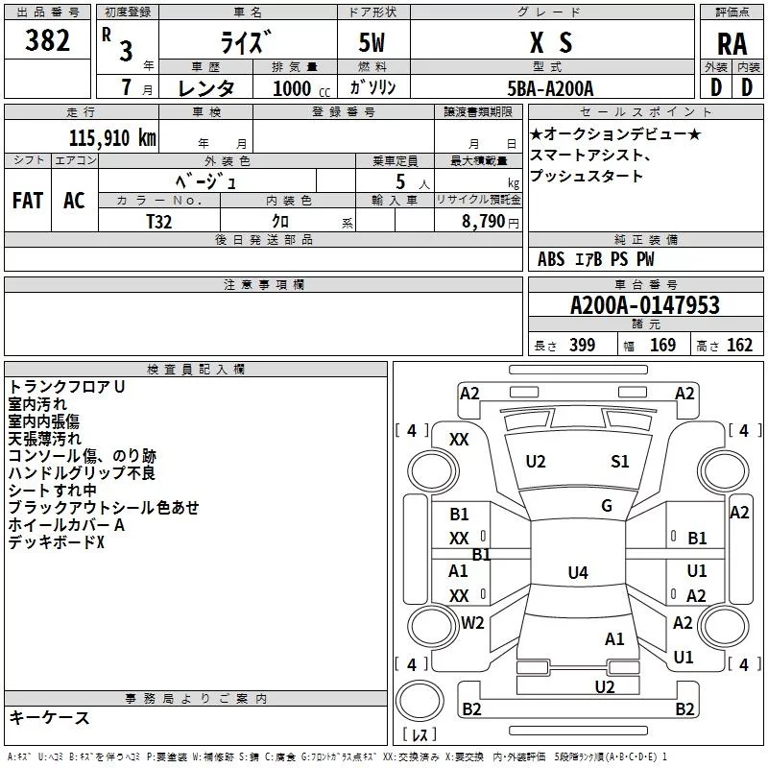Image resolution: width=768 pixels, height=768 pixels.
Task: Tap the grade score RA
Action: point(732,43)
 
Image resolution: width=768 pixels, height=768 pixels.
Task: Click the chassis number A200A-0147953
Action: point(644,305)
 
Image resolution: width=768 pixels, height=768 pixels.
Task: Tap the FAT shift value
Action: point(27,201)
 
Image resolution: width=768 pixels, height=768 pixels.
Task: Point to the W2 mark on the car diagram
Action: point(472,622)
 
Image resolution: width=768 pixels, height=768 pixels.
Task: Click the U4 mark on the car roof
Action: point(577,573)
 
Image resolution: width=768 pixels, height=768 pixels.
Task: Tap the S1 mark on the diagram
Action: point(620,462)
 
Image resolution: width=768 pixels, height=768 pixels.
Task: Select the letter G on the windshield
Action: point(607,506)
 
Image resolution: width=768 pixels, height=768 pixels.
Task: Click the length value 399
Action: point(582,346)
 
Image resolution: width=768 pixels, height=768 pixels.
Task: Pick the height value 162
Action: point(739,346)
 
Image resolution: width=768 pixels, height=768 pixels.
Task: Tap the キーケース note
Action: point(50,717)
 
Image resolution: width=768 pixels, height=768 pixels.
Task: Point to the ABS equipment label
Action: point(551,259)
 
